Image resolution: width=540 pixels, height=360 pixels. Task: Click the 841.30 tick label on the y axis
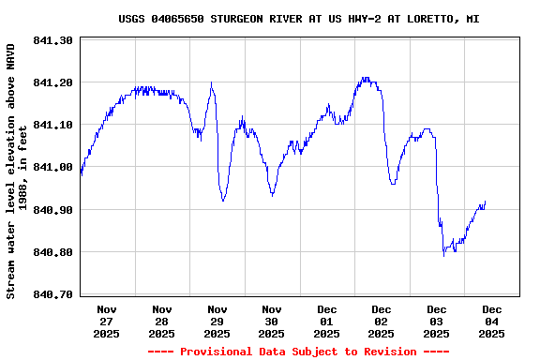(x=52, y=40)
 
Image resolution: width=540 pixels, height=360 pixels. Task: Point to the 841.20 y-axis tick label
(x=52, y=82)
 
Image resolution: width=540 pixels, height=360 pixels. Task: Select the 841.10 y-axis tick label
(x=52, y=125)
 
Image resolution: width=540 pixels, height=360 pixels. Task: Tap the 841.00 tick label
(x=52, y=167)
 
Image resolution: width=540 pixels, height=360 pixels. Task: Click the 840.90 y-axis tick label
(x=52, y=210)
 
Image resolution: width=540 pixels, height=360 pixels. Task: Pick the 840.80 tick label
(x=52, y=252)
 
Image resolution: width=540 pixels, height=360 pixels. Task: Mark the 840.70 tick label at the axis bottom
(x=52, y=294)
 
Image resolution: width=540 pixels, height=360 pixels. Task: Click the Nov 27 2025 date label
(x=107, y=321)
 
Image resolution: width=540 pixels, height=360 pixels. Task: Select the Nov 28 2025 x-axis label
(x=161, y=321)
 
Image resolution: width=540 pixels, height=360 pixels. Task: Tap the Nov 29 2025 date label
(x=217, y=321)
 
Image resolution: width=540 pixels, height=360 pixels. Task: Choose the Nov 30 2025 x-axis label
(x=272, y=321)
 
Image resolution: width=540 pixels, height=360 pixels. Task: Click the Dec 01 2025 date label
(x=326, y=321)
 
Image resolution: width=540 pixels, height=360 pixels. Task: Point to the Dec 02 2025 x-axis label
(x=382, y=321)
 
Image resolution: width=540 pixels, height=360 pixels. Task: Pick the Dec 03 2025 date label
(x=437, y=321)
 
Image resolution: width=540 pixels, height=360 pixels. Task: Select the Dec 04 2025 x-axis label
(x=491, y=321)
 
